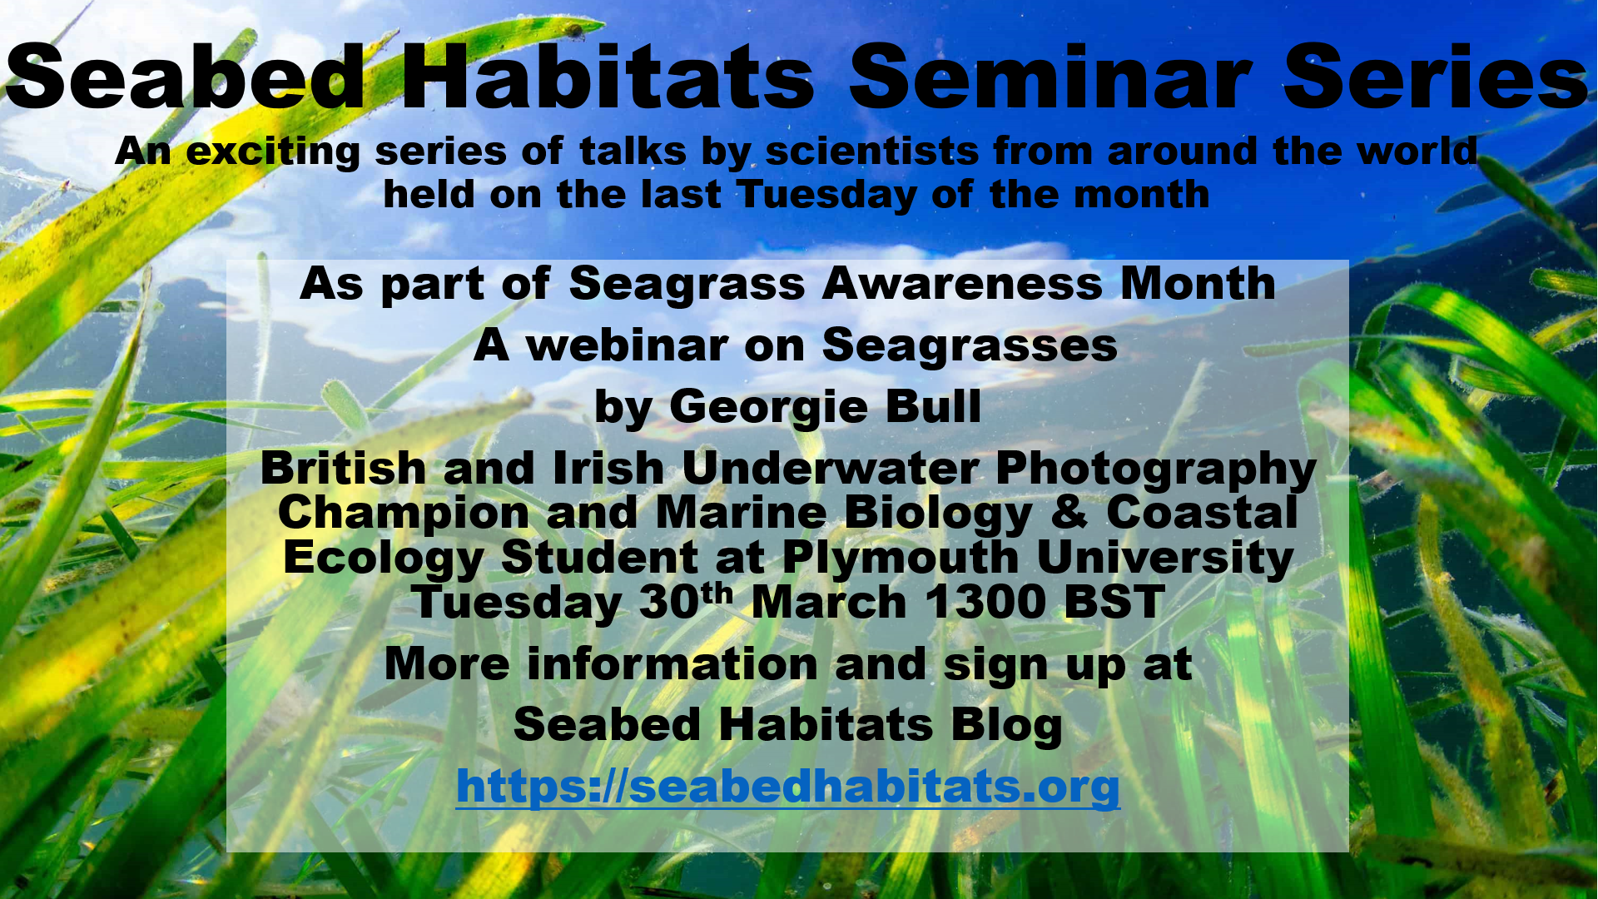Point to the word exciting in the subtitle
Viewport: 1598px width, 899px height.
273,152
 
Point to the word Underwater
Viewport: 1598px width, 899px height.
830,468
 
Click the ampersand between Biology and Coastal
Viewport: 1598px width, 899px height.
1069,512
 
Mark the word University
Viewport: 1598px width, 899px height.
1165,559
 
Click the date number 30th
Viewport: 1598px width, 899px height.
686,601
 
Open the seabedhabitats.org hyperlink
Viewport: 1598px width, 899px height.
788,787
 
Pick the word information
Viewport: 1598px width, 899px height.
672,664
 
